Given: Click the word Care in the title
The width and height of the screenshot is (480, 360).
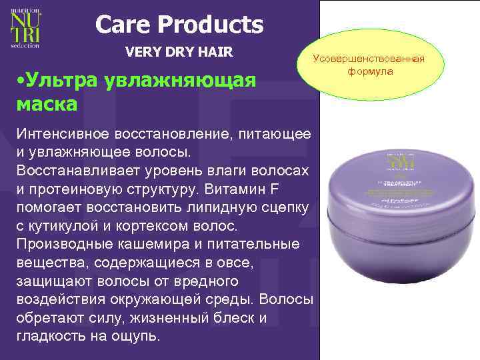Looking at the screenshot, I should tap(124, 25).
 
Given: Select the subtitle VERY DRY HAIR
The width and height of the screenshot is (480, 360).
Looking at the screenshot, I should tap(179, 51).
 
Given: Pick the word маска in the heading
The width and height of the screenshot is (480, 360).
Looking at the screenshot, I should tap(45, 105).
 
